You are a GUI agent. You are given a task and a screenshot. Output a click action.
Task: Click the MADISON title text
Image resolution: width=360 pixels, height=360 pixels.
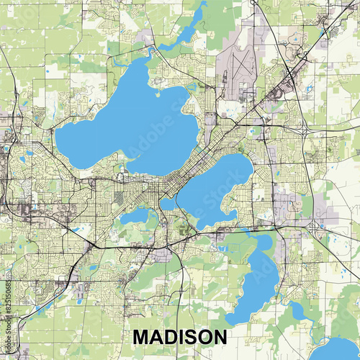click(x=179, y=337)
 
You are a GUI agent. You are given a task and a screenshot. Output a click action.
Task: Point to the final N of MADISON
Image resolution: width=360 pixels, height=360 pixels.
click(x=219, y=337)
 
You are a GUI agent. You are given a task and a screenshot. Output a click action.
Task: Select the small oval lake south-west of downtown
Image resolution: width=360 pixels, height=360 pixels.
click(x=135, y=216)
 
